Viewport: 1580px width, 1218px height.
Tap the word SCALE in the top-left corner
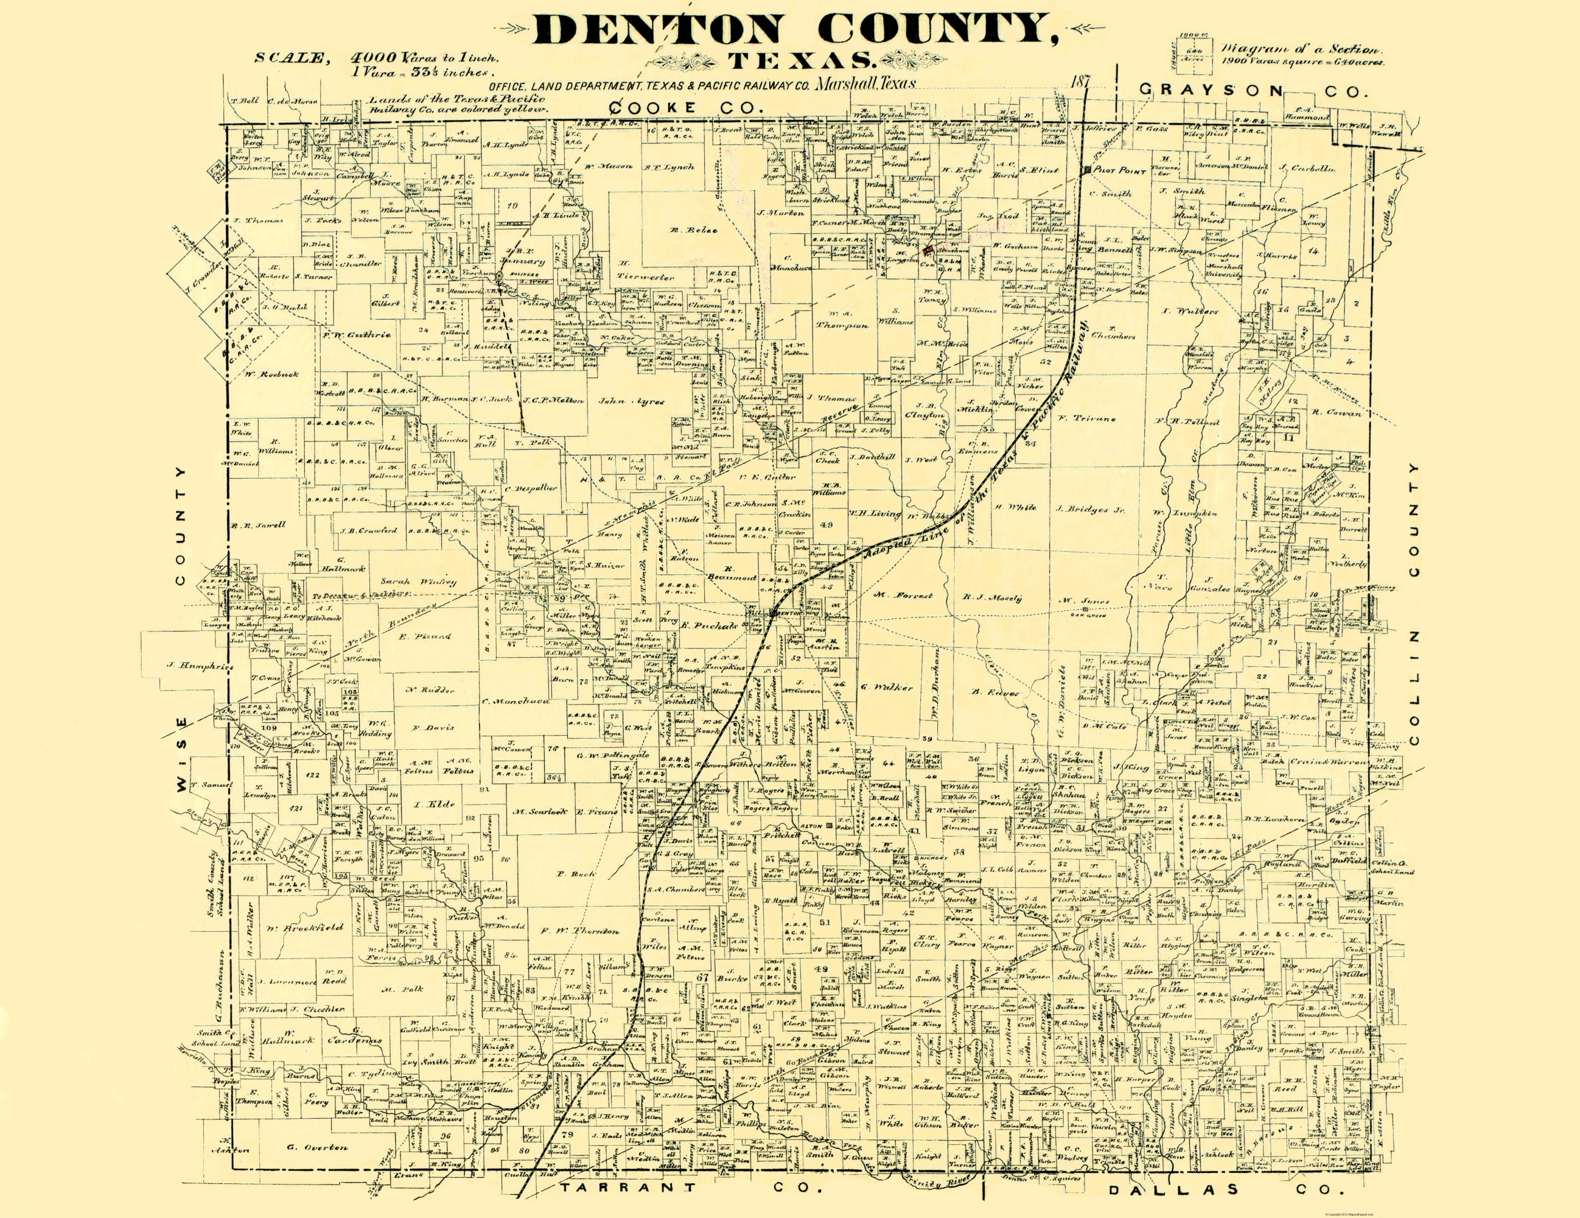[x=288, y=58]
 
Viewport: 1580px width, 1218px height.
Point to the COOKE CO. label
[x=687, y=108]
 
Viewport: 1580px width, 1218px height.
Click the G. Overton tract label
[x=317, y=1147]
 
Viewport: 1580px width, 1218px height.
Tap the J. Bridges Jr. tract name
[x=1091, y=510]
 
